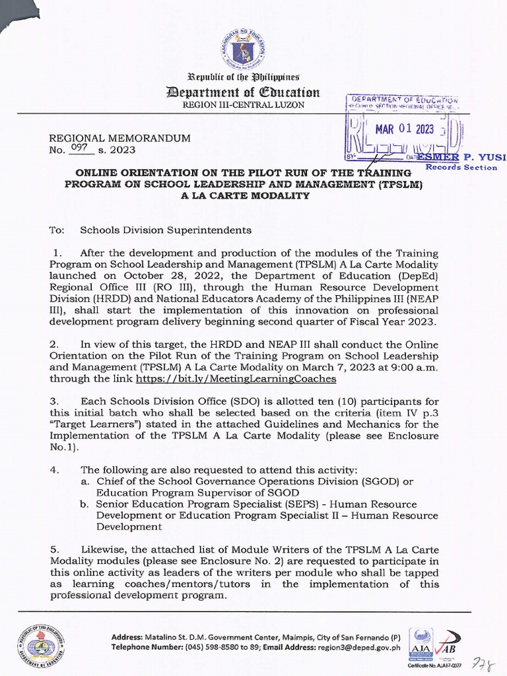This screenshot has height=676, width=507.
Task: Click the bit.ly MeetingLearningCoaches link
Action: pos(236,379)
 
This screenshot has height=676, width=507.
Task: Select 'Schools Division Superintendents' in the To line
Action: pos(166,230)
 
